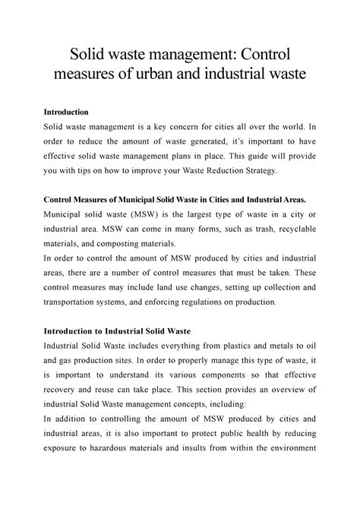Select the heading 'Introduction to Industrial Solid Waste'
[x=123, y=331]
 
